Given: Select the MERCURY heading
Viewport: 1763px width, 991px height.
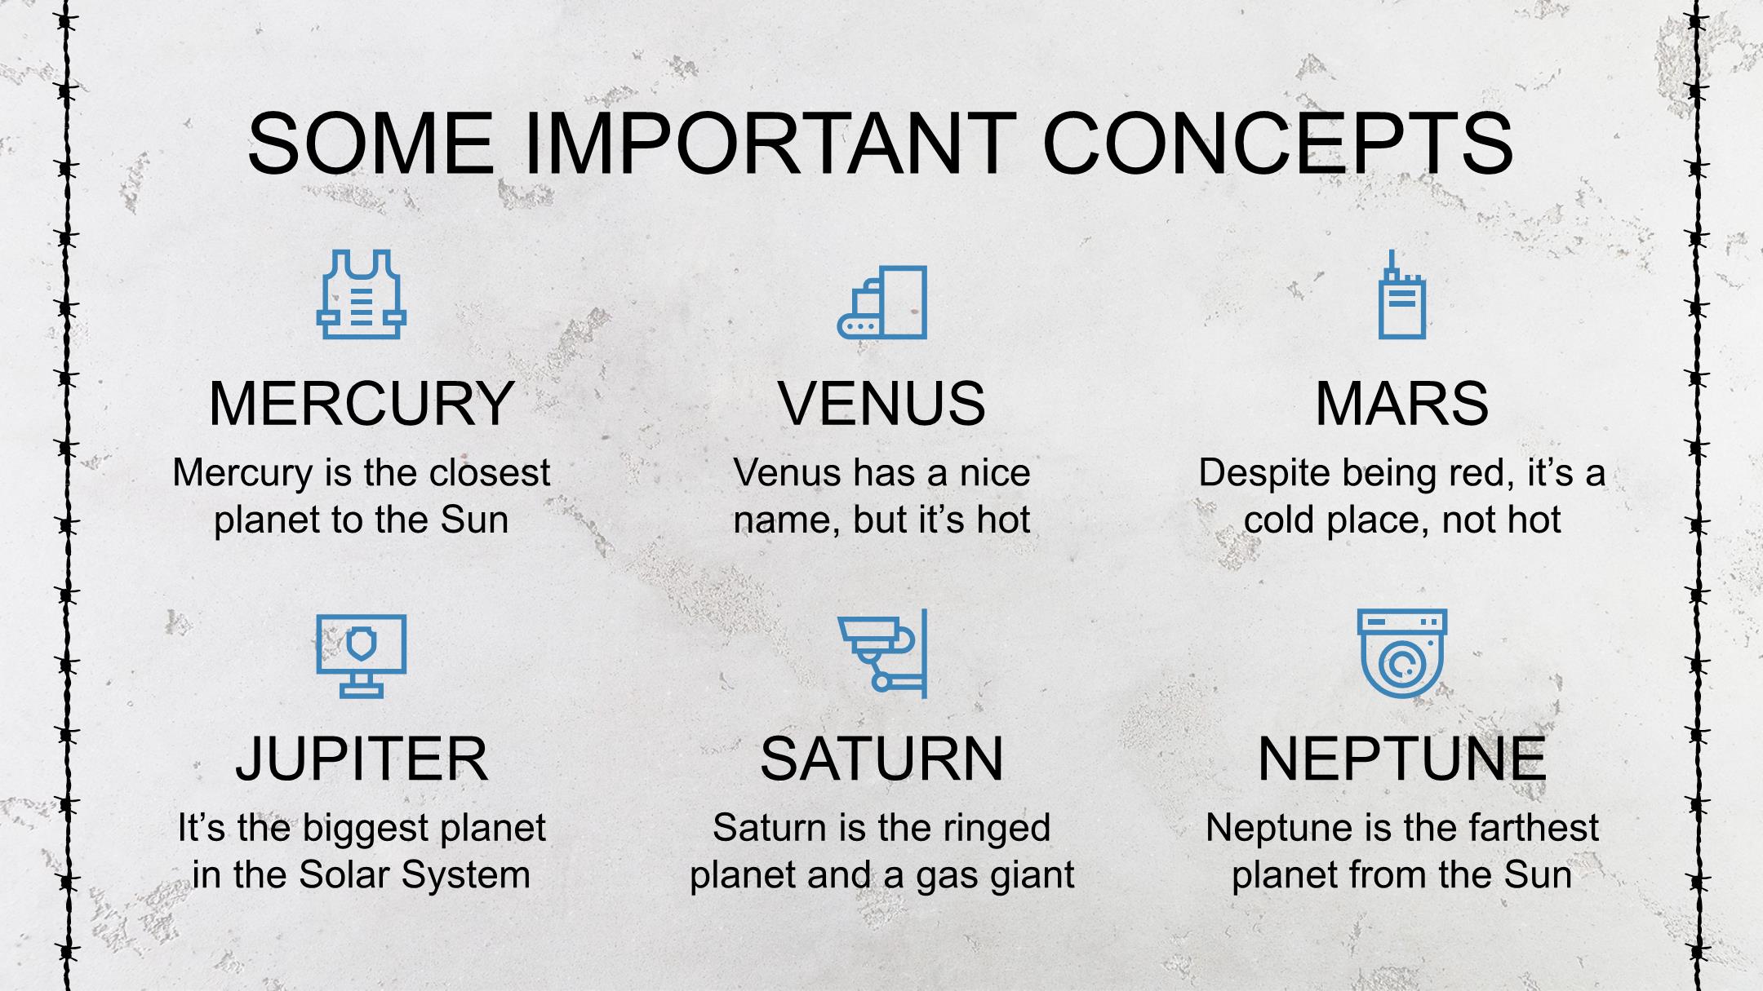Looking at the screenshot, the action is point(362,403).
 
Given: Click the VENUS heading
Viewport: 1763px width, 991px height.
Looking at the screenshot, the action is point(881,403).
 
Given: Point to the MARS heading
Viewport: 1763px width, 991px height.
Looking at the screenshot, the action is point(1401,403).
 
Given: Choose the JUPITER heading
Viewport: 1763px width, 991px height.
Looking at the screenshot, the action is point(362,759).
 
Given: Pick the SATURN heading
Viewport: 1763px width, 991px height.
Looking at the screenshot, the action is point(881,759).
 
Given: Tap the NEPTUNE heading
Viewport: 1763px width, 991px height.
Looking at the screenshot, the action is point(1401,759).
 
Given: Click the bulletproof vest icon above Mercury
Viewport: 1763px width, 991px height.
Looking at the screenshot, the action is point(362,294).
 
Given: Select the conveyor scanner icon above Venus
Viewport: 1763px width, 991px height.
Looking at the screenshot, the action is point(882,302).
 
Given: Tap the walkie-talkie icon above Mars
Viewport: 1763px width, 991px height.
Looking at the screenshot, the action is point(1401,294).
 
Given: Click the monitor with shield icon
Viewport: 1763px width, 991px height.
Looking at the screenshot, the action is point(362,656).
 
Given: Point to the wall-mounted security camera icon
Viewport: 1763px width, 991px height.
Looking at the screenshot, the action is point(882,653).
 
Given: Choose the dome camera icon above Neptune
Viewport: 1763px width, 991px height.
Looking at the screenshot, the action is point(1401,653).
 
